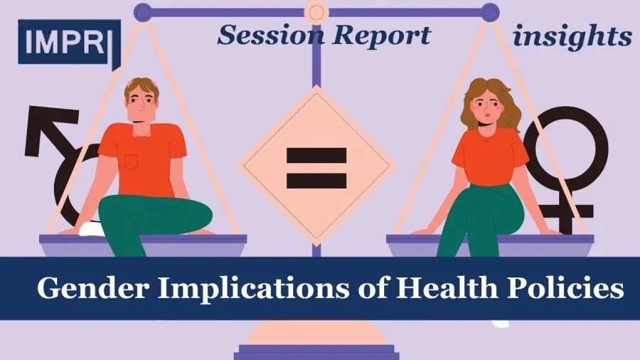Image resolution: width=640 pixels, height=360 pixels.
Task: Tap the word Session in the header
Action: pyautogui.click(x=272, y=35)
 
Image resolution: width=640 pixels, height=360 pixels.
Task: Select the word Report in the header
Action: pyautogui.click(x=382, y=36)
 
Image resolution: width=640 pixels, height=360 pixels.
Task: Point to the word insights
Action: pyautogui.click(x=572, y=37)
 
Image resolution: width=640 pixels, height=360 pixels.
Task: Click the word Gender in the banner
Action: pyautogui.click(x=93, y=287)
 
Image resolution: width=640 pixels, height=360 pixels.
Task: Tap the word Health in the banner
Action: pyautogui.click(x=447, y=287)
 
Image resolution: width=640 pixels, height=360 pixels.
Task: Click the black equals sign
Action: pyautogui.click(x=316, y=168)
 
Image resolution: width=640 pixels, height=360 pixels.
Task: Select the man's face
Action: pyautogui.click(x=141, y=102)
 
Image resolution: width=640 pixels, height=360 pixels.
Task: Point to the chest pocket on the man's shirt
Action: pyautogui.click(x=131, y=162)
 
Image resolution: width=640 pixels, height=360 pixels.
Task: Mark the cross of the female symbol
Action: pyautogui.click(x=567, y=212)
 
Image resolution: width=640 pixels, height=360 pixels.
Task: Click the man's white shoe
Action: pyautogui.click(x=92, y=229)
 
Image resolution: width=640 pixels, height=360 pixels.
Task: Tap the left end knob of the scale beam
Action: pyautogui.click(x=142, y=12)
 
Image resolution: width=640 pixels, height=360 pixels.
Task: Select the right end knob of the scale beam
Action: pyautogui.click(x=490, y=12)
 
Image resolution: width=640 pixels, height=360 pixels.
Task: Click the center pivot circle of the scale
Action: pyautogui.click(x=316, y=12)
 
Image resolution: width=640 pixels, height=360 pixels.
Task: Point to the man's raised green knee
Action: pyautogui.click(x=192, y=212)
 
